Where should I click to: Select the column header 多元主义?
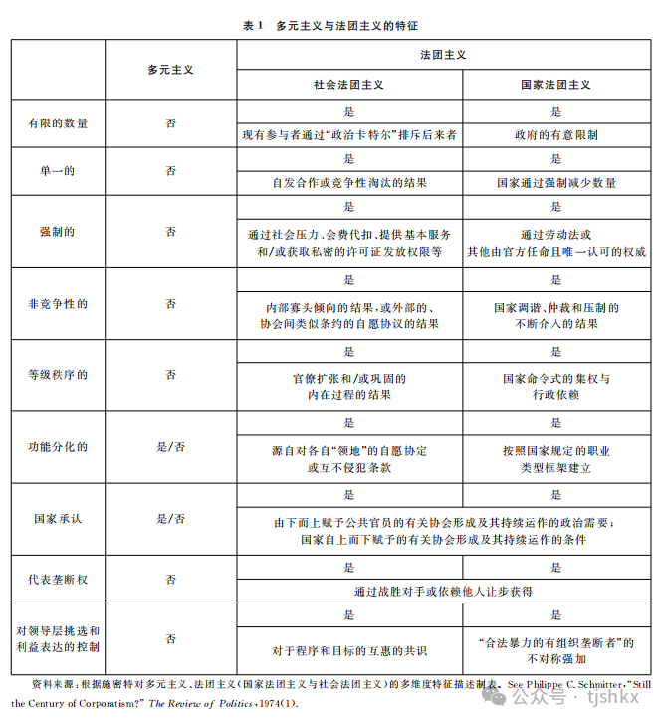(171, 70)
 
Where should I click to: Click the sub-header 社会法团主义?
(349, 86)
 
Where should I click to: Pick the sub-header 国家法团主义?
(555, 86)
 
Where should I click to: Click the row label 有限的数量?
(59, 123)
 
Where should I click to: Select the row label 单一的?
(59, 171)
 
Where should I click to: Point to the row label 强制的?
(59, 232)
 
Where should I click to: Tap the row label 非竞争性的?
(59, 303)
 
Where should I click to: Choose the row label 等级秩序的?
(59, 375)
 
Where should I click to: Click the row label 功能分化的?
(59, 447)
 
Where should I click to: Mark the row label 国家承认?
(59, 519)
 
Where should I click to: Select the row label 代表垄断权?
(59, 579)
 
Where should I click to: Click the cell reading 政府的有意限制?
(555, 135)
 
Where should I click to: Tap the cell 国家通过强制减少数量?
(555, 183)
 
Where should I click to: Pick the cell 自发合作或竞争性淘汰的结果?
(349, 183)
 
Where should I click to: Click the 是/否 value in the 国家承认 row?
(171, 519)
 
